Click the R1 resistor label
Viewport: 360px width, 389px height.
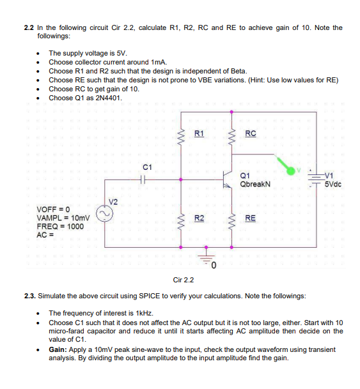click(199, 133)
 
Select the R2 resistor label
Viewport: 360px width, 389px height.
click(199, 218)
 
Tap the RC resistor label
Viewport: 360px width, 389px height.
click(250, 133)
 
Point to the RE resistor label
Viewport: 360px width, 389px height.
click(250, 218)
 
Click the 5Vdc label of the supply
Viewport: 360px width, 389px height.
click(334, 184)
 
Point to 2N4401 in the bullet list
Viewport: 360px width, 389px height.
click(105, 98)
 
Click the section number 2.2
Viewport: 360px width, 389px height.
click(27, 28)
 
